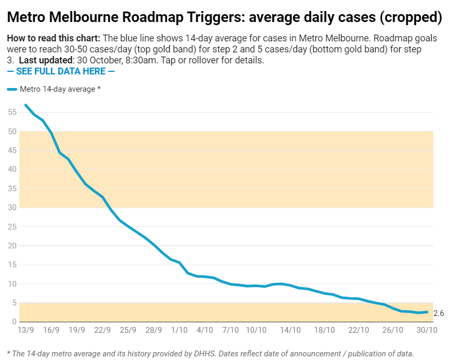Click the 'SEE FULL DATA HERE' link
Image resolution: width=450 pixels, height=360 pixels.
(x=61, y=71)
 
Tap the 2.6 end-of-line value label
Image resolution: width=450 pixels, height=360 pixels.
(x=439, y=313)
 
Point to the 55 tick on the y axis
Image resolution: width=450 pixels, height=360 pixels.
(x=11, y=112)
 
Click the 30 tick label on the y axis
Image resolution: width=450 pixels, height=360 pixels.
(x=11, y=208)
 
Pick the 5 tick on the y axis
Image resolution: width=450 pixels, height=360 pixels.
(x=13, y=303)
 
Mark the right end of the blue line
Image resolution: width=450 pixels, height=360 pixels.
(x=427, y=312)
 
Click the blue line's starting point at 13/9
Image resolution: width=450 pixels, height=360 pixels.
(x=25, y=105)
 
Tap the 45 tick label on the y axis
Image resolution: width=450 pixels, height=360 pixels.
(x=11, y=150)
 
